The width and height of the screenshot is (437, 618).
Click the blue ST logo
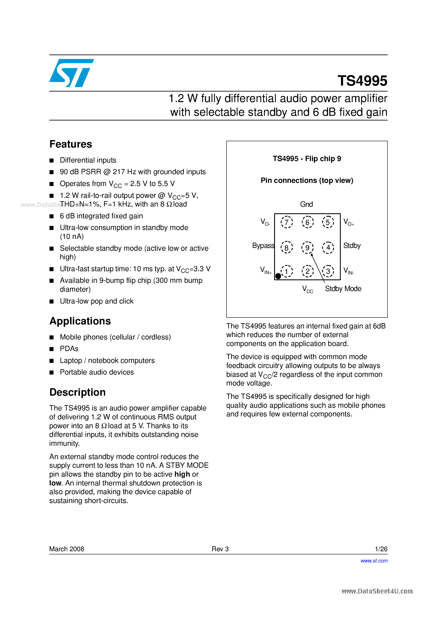tap(71, 73)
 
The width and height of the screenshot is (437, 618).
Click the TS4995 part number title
tap(362, 81)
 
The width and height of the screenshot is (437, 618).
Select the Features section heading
tap(71, 144)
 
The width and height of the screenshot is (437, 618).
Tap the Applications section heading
tap(80, 321)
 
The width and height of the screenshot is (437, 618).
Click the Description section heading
tap(77, 392)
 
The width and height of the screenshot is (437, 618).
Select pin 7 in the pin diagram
tap(286, 222)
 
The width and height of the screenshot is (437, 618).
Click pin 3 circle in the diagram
tap(328, 271)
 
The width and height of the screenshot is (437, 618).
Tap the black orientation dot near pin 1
tap(278, 276)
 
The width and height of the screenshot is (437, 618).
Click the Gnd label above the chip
tap(306, 204)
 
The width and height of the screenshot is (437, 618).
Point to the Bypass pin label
tap(263, 245)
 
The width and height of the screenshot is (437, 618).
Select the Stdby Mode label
tap(343, 288)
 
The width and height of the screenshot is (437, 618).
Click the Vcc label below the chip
tap(307, 289)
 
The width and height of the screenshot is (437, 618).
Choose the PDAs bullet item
tap(69, 349)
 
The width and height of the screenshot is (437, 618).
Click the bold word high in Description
tap(182, 474)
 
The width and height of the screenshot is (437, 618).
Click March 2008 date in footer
tap(67, 549)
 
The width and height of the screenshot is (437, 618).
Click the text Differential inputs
tap(88, 160)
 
